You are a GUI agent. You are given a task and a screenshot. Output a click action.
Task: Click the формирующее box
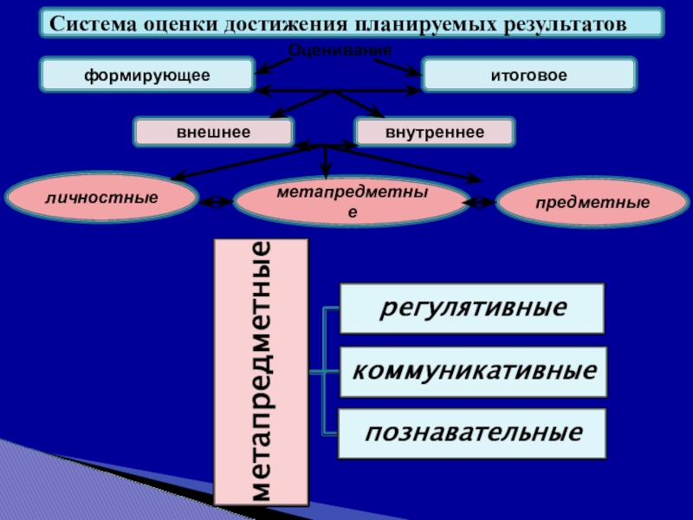pyautogui.click(x=147, y=75)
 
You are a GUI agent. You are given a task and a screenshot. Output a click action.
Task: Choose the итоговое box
pyautogui.click(x=528, y=75)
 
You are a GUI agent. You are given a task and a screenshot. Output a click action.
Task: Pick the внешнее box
pyautogui.click(x=213, y=132)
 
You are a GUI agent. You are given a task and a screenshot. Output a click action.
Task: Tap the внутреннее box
pyautogui.click(x=434, y=132)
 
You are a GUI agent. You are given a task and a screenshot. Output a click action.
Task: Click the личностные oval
pyautogui.click(x=102, y=198)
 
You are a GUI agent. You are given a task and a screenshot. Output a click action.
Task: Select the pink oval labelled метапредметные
pyautogui.click(x=352, y=200)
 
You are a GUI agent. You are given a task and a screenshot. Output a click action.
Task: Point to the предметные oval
pyautogui.click(x=592, y=204)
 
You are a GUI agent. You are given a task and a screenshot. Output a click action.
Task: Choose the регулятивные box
pyautogui.click(x=472, y=309)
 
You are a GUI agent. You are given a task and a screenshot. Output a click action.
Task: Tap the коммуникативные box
pyautogui.click(x=473, y=372)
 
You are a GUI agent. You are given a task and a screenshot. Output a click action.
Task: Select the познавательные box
pyautogui.click(x=472, y=433)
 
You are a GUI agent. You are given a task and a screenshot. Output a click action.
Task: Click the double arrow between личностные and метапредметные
pyautogui.click(x=217, y=202)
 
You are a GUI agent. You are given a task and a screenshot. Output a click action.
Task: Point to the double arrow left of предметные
pyautogui.click(x=479, y=203)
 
